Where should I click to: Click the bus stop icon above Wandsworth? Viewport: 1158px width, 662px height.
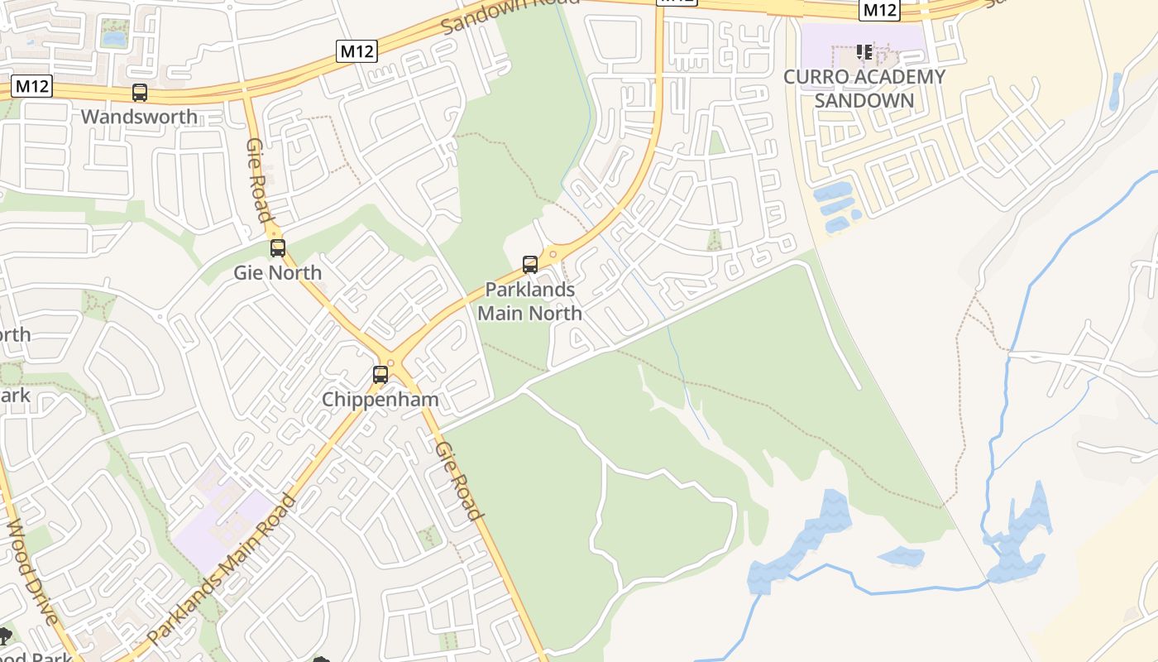pos(140,93)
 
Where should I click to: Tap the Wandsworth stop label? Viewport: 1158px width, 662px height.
pos(139,117)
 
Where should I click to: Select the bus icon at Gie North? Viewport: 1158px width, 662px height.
pos(278,247)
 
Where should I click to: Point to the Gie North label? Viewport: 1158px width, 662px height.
pos(277,272)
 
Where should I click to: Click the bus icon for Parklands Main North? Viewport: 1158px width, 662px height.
pos(530,265)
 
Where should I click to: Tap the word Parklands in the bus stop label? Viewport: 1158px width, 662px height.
pos(529,290)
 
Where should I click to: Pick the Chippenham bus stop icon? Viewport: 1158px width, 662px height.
pos(380,374)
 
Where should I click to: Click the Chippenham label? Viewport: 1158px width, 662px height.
pos(380,399)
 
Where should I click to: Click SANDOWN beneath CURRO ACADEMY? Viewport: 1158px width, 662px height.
pos(864,101)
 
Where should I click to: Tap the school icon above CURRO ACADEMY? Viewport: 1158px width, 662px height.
pos(864,53)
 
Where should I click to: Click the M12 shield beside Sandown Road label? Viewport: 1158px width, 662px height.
pos(357,51)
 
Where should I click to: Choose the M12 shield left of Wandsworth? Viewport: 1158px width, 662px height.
pos(32,86)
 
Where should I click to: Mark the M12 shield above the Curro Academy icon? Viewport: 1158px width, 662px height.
pos(879,10)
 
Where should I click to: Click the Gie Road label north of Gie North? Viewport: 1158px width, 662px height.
pos(259,180)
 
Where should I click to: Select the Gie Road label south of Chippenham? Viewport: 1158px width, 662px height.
pos(458,481)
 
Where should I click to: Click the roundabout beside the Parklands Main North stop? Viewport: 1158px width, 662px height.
pos(553,253)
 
